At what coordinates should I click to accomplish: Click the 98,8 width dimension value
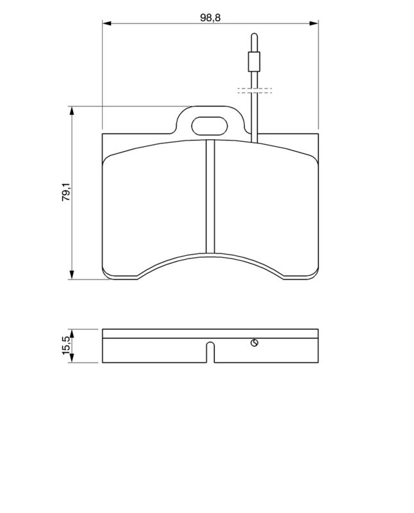pyautogui.click(x=210, y=18)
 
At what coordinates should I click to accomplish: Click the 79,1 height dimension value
pyautogui.click(x=67, y=192)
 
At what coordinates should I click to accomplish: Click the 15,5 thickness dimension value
pyautogui.click(x=67, y=345)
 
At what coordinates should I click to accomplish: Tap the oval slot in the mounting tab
pyautogui.click(x=210, y=126)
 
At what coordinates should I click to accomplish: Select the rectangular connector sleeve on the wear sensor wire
pyautogui.click(x=254, y=62)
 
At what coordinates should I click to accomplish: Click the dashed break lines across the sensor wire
pyautogui.click(x=254, y=90)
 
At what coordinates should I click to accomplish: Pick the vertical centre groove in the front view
pyautogui.click(x=210, y=196)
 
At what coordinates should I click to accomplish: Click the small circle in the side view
pyautogui.click(x=254, y=343)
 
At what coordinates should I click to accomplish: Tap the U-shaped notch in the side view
pyautogui.click(x=211, y=352)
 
